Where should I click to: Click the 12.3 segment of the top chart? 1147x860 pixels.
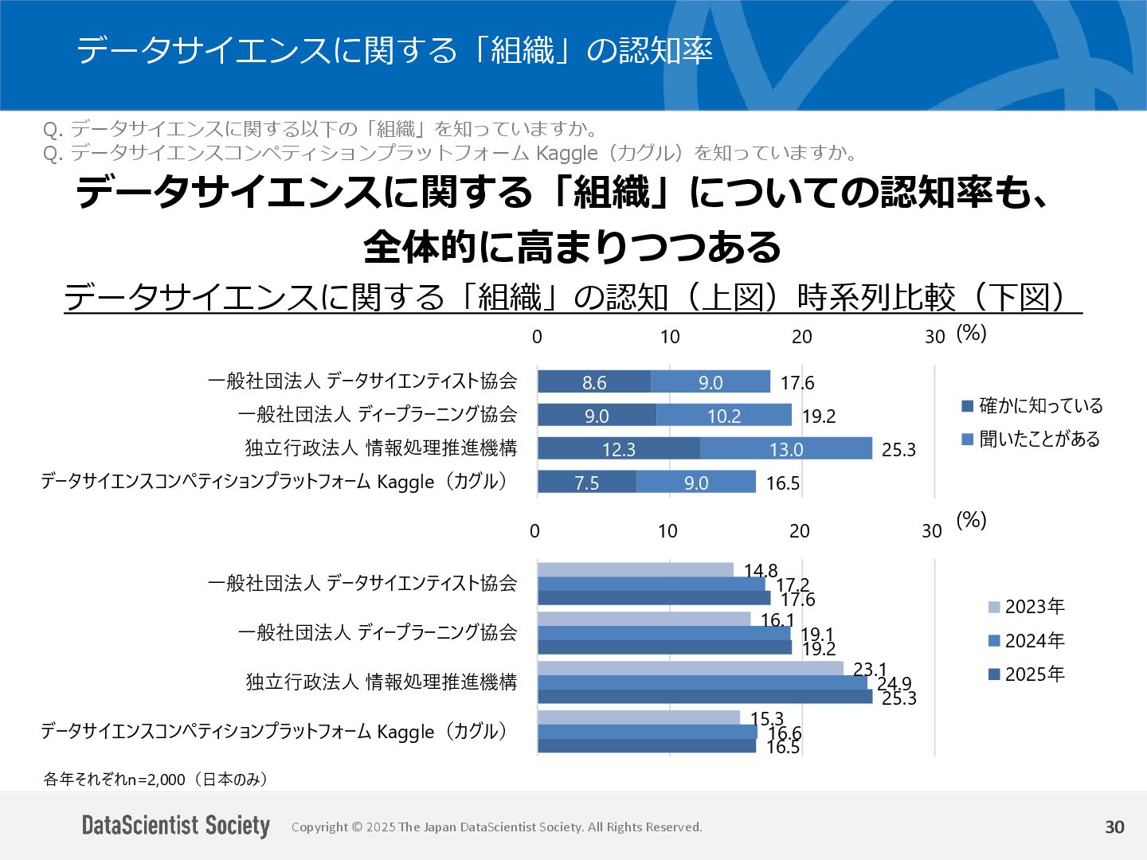pyautogui.click(x=619, y=449)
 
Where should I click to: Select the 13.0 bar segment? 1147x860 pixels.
pyautogui.click(x=786, y=449)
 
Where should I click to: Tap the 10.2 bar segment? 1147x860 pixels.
pyautogui.click(x=724, y=416)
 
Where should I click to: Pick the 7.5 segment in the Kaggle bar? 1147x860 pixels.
pyautogui.click(x=587, y=483)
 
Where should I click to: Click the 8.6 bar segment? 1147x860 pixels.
pyautogui.click(x=594, y=382)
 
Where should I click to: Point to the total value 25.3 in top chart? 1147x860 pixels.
pyautogui.click(x=898, y=450)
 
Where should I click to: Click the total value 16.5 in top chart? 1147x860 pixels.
pyautogui.click(x=783, y=483)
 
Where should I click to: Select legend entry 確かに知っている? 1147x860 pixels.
pyautogui.click(x=1032, y=405)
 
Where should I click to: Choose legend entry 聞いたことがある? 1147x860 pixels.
pyautogui.click(x=1031, y=439)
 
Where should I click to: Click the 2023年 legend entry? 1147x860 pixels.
pyautogui.click(x=1027, y=607)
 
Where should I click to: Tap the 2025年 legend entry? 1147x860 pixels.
pyautogui.click(x=1027, y=674)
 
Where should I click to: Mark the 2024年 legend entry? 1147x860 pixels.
pyautogui.click(x=1027, y=640)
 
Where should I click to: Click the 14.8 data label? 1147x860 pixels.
pyautogui.click(x=761, y=570)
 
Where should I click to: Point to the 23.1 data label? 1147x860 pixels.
pyautogui.click(x=870, y=669)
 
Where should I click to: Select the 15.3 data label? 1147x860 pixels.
pyautogui.click(x=767, y=718)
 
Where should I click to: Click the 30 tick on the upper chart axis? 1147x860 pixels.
pyautogui.click(x=934, y=337)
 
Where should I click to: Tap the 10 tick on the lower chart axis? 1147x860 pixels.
pyautogui.click(x=667, y=531)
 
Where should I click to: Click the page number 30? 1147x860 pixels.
pyautogui.click(x=1114, y=827)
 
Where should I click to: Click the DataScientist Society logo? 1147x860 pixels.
pyautogui.click(x=176, y=826)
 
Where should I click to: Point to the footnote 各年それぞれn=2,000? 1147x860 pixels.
pyautogui.click(x=155, y=779)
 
